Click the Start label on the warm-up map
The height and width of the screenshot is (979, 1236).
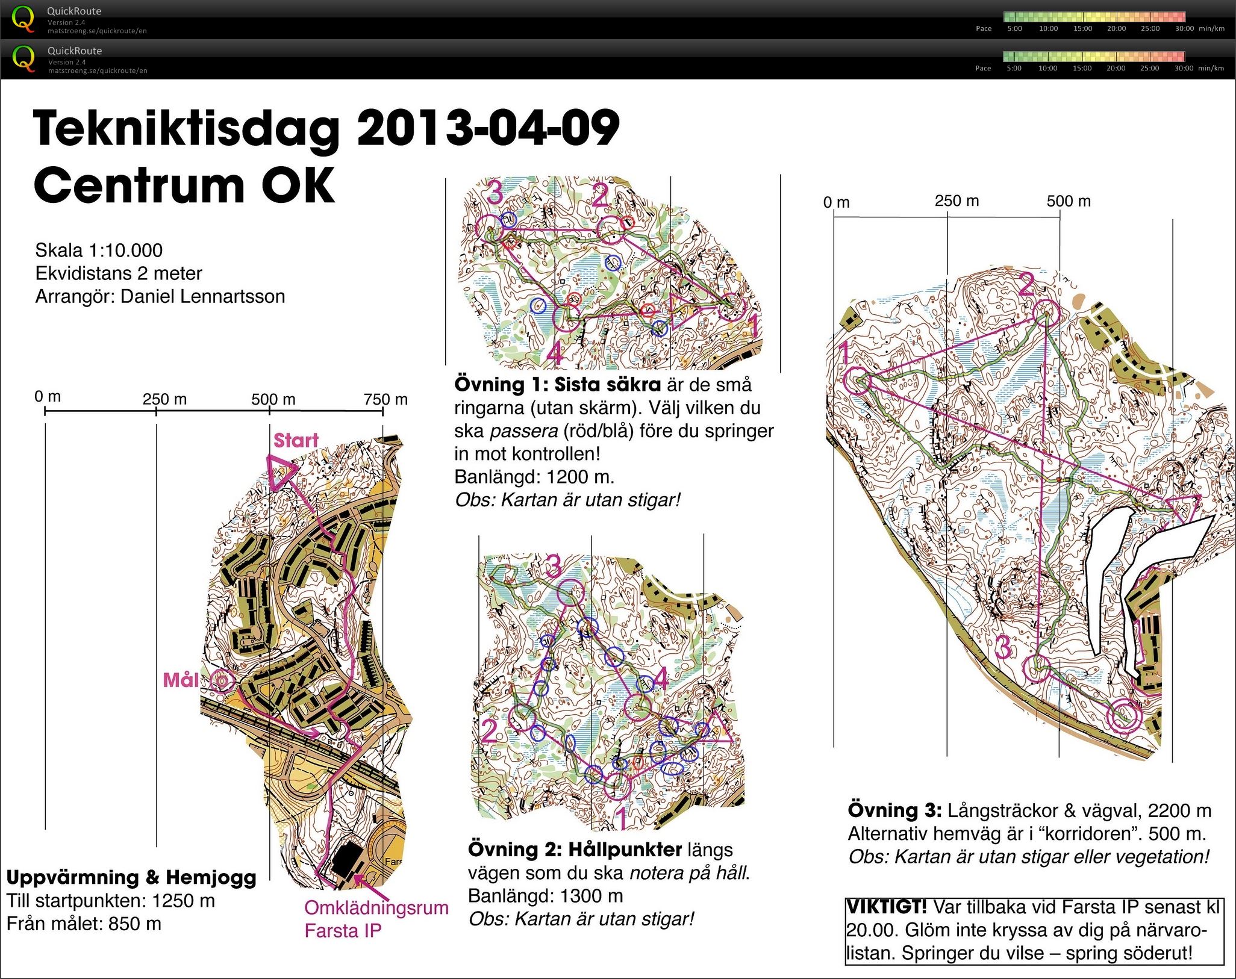tap(296, 441)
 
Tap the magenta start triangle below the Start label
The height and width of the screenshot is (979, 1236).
tap(281, 471)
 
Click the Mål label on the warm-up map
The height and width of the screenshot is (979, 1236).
tap(181, 680)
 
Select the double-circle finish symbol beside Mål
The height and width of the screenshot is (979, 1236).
tap(221, 682)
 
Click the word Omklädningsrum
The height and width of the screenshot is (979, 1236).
tap(376, 907)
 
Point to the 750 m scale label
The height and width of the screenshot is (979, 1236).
tap(385, 399)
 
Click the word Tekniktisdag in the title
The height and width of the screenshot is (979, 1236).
tap(187, 129)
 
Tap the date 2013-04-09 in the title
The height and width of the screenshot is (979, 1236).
tap(488, 129)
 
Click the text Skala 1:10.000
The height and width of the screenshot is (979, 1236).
tap(99, 250)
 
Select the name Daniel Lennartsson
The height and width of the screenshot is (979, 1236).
tap(202, 296)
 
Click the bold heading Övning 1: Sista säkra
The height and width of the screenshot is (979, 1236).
tap(557, 385)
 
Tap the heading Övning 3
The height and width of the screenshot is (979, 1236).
tap(894, 810)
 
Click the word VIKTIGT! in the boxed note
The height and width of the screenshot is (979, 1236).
tap(887, 906)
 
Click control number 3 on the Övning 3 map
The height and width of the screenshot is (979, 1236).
tap(1002, 648)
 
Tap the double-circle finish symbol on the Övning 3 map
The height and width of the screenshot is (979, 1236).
tap(1125, 716)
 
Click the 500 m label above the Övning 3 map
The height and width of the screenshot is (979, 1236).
tap(1068, 201)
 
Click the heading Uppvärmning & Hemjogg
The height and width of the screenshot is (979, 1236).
tap(131, 877)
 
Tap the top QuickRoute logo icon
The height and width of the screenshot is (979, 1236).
tap(23, 18)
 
